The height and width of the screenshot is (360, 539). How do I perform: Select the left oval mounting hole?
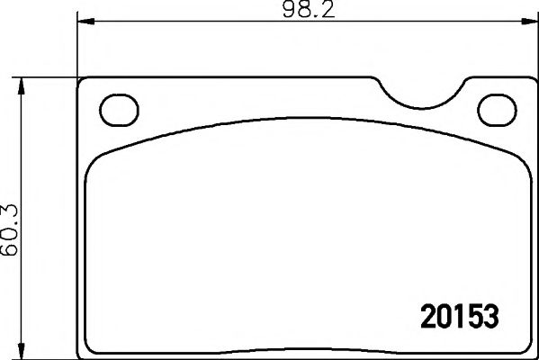tap(114, 110)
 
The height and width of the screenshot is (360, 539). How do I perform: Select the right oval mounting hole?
tap(495, 110)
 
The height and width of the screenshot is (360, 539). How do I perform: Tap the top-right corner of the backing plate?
tap(529, 80)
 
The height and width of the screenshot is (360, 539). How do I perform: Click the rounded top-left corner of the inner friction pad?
tap(94, 160)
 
